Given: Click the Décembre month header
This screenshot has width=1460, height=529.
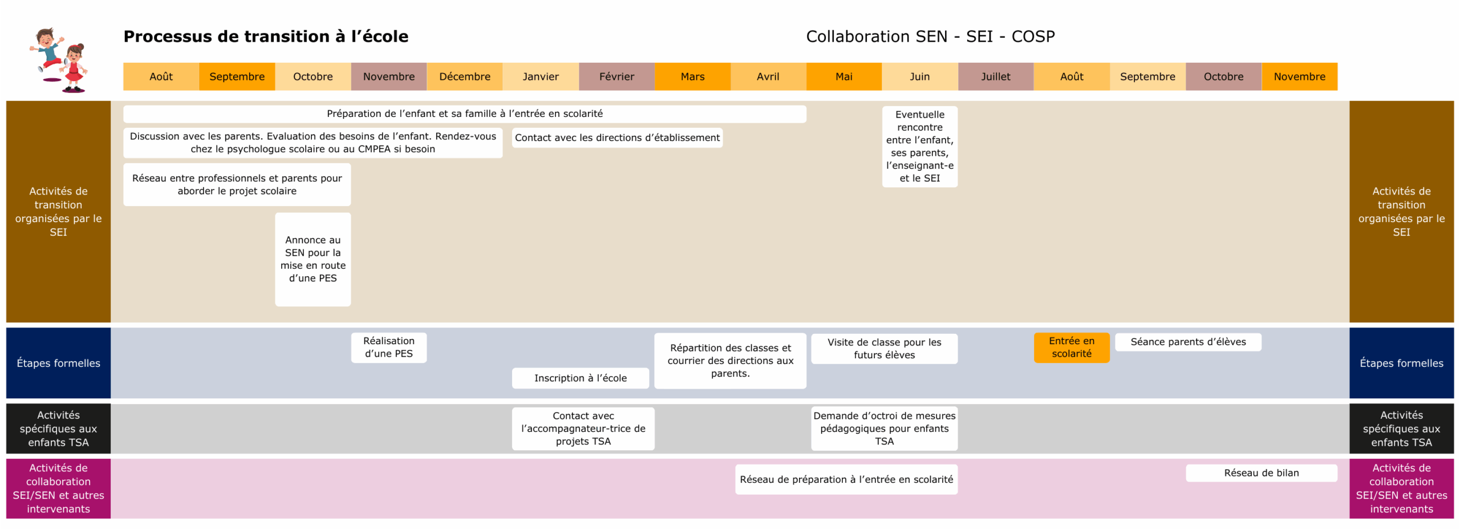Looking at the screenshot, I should click(x=464, y=76).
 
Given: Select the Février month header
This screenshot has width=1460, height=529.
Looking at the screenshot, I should click(x=616, y=76).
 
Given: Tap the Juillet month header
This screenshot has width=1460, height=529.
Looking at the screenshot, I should click(x=995, y=76).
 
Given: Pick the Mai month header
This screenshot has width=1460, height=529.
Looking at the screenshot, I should click(x=843, y=76).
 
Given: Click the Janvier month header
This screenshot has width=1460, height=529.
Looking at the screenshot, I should click(x=540, y=76).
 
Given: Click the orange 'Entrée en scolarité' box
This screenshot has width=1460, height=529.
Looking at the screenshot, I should click(x=1071, y=347).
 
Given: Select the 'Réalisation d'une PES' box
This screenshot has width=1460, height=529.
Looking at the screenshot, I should click(x=388, y=347).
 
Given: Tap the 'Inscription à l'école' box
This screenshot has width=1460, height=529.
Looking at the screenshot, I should click(x=580, y=378).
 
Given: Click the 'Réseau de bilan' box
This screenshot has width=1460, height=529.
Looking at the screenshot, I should click(x=1261, y=473).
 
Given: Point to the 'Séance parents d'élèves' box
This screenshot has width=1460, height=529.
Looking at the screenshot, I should click(x=1187, y=342).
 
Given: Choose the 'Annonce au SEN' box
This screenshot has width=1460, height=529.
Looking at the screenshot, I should click(x=313, y=259).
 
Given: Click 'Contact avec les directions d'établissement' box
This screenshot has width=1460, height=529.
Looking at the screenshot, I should click(x=617, y=138).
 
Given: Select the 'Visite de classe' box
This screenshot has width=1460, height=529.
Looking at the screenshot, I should click(x=884, y=348).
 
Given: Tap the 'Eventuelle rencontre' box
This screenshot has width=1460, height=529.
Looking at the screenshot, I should click(x=919, y=146).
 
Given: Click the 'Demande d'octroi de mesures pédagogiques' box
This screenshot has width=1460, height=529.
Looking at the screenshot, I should click(x=884, y=428).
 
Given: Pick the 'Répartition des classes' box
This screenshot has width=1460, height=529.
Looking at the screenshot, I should click(x=730, y=360).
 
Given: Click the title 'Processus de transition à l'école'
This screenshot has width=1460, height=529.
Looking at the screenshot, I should click(x=266, y=37).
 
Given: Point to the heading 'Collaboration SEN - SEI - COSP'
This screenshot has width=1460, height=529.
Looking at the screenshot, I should click(x=930, y=37).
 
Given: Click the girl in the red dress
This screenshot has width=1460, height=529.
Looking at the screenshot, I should click(x=74, y=68).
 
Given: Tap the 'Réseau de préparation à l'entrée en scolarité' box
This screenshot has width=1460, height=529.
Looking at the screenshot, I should click(x=846, y=479).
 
